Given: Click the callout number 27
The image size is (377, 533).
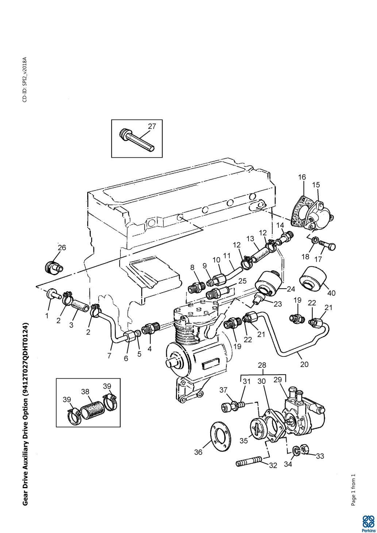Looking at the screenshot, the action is (x=151, y=126).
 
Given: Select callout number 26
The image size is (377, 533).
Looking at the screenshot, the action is (x=62, y=248).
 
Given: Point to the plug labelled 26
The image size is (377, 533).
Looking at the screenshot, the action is (x=54, y=268).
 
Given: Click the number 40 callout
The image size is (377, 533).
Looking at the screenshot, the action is (x=331, y=293).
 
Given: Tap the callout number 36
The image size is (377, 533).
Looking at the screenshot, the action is (x=198, y=452).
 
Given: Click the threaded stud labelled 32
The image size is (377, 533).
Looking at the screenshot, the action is (x=249, y=463).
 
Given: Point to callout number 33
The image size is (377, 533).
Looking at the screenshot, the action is (x=320, y=456).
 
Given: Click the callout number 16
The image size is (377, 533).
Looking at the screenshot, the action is (x=302, y=177).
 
